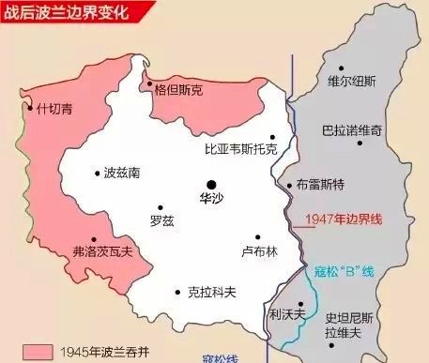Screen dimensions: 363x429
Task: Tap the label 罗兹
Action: point(161,220)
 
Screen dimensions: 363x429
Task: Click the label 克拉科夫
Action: point(207,292)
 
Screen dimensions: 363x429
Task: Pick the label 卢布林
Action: point(259,251)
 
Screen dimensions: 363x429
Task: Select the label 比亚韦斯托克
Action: point(241,149)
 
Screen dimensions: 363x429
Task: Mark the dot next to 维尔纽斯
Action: point(341,68)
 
